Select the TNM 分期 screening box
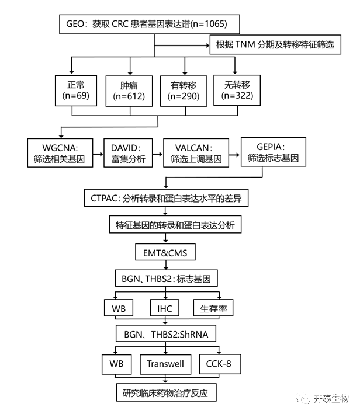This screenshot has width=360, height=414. (x=275, y=45)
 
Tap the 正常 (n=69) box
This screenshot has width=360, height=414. (x=72, y=91)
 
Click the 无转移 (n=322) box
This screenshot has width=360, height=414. (x=236, y=90)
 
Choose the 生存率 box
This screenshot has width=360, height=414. (x=214, y=308)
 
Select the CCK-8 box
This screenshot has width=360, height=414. (x=219, y=364)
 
